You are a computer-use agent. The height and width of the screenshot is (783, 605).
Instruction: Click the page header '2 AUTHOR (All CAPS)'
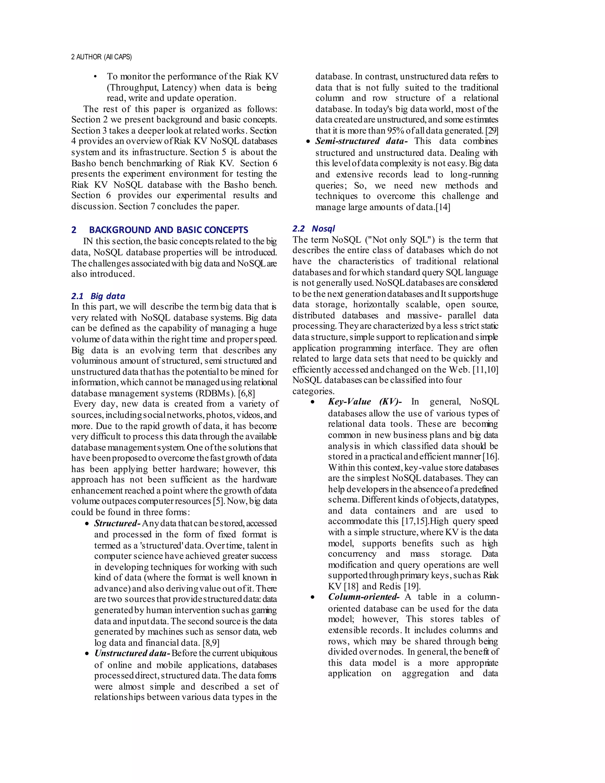click(101, 57)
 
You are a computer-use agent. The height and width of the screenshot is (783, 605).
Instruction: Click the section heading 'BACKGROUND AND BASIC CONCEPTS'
click(168, 230)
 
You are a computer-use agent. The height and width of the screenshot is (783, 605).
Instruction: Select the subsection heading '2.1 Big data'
click(98, 296)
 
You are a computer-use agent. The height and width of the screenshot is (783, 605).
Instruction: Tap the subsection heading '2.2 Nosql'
click(314, 229)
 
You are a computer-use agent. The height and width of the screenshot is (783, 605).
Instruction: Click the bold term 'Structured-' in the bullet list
click(117, 524)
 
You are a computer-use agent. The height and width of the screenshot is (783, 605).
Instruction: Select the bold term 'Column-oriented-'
click(363, 597)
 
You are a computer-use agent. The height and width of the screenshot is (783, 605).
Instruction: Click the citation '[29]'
click(492, 131)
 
